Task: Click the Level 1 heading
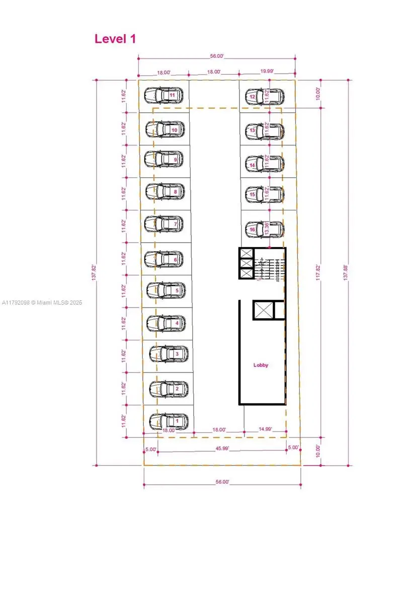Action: point(115,39)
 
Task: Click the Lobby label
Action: point(261,365)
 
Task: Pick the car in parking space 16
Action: point(264,230)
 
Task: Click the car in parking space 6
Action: point(164,259)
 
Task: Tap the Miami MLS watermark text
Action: point(42,303)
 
